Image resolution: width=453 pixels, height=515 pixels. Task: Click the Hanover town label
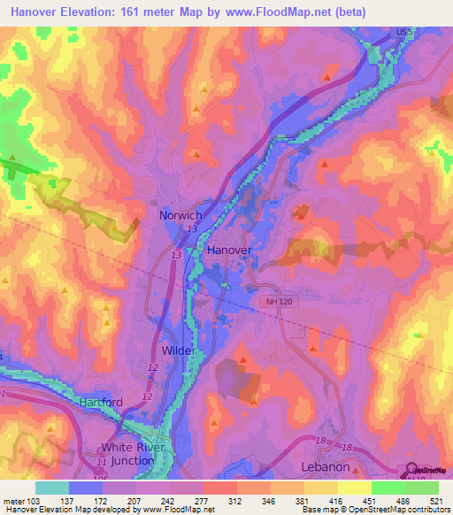pos(229,250)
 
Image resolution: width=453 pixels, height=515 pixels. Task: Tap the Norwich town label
pos(180,215)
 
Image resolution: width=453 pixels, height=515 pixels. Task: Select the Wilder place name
pos(178,350)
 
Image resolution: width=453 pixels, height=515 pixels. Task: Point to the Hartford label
pos(100,402)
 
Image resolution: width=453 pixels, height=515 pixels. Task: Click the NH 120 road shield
pos(277,301)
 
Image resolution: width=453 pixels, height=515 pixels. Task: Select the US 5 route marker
pos(403,32)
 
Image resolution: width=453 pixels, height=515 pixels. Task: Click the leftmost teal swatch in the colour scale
pos(52,488)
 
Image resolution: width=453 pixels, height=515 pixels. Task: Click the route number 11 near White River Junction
pos(102,463)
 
